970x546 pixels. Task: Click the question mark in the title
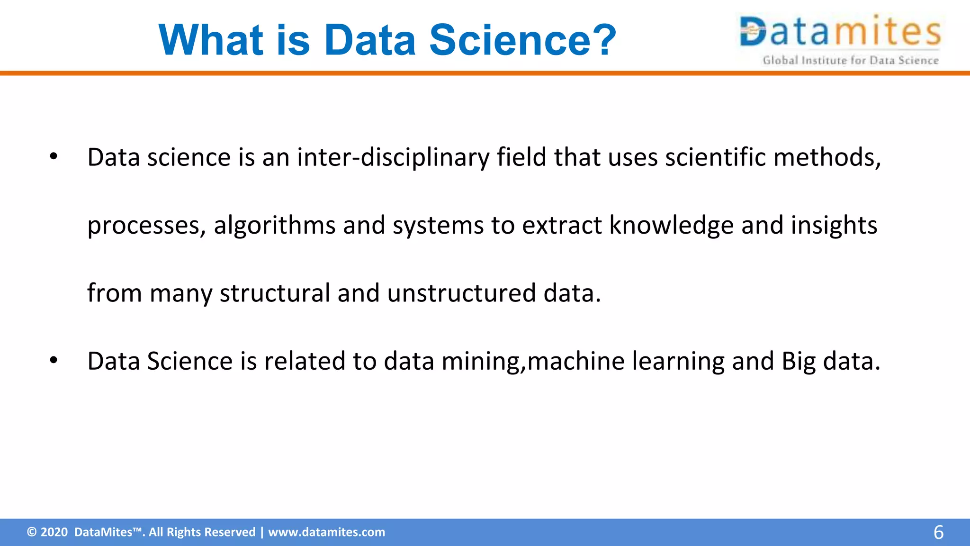coord(601,40)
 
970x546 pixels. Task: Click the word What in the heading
coord(210,40)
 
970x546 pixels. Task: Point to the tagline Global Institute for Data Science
coord(850,60)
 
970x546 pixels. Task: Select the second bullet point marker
coord(53,361)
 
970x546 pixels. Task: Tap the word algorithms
coord(275,225)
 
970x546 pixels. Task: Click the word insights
coord(834,225)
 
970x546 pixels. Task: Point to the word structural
coord(275,293)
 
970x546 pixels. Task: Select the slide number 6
coord(938,533)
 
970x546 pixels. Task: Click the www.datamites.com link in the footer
coord(326,532)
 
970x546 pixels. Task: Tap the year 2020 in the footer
coord(54,532)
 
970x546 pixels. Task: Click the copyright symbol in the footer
coord(32,532)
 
